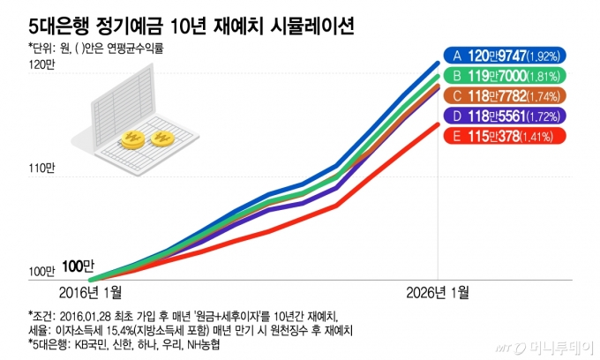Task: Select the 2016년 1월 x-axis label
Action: pyautogui.click(x=91, y=291)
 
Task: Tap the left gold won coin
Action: pyautogui.click(x=135, y=139)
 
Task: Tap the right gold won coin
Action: pyautogui.click(x=163, y=139)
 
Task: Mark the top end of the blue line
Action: pyautogui.click(x=439, y=63)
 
